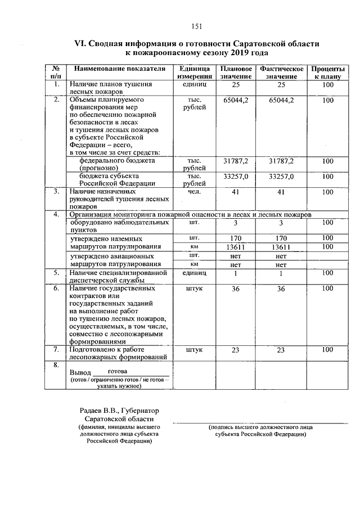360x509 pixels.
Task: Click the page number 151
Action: click(x=196, y=25)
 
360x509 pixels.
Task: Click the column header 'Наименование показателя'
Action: click(x=119, y=69)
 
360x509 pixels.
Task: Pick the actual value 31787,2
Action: click(x=281, y=161)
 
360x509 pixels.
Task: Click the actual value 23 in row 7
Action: click(x=281, y=350)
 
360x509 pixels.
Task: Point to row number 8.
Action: click(x=56, y=365)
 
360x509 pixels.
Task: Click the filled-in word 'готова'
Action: click(x=117, y=372)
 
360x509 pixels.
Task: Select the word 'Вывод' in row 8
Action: click(x=79, y=373)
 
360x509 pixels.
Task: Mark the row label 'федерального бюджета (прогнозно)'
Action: click(x=117, y=164)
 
